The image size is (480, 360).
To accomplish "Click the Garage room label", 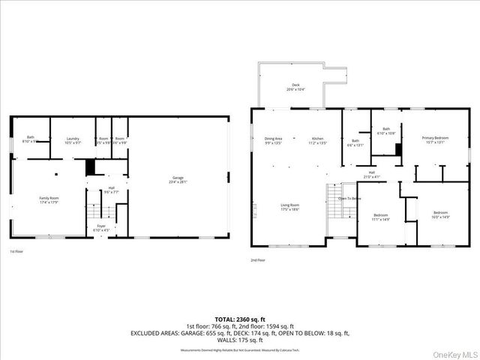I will [178, 178].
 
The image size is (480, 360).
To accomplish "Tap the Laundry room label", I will [73, 139].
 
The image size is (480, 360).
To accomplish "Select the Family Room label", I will [49, 198].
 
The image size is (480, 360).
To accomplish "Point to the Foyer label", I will [101, 225].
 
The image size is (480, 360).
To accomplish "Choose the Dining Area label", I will [273, 139].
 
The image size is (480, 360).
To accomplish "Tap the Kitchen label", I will [319, 139].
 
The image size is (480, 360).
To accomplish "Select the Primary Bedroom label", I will [435, 138].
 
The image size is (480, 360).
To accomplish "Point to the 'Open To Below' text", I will [349, 198].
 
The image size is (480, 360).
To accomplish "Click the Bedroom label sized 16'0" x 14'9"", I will [440, 213].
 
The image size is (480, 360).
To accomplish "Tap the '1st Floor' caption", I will [16, 251].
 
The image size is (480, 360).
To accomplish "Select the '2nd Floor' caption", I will [258, 259].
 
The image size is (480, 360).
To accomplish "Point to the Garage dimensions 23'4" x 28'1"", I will [178, 181].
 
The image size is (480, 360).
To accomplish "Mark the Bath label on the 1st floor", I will [31, 136].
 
